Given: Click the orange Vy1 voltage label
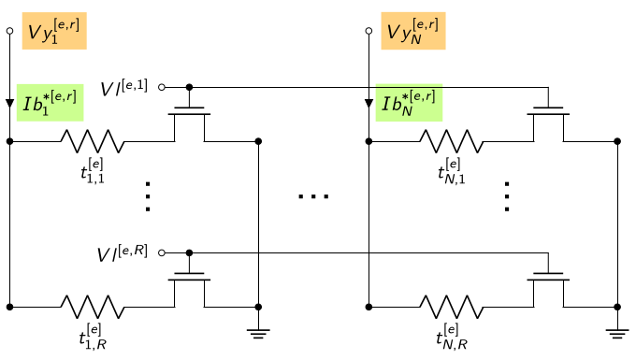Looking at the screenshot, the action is (x=54, y=31).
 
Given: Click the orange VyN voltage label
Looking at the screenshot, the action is (x=413, y=31).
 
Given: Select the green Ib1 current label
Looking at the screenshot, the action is (x=50, y=103).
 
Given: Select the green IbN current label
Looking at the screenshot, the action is (x=409, y=103).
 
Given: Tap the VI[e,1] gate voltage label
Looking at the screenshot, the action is (x=123, y=88).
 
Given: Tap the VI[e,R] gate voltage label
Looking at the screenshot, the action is (x=123, y=253).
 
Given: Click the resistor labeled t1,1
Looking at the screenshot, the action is (x=93, y=141).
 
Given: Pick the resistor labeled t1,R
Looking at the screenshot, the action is (x=93, y=307).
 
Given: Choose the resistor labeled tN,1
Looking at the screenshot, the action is (x=452, y=141).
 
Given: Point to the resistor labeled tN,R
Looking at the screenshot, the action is (x=452, y=307).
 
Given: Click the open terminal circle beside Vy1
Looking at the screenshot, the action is (x=9, y=31).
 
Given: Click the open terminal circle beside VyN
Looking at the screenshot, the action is (x=369, y=31).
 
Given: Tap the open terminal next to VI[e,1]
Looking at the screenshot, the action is (x=162, y=87).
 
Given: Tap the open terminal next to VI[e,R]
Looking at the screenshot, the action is (x=162, y=253).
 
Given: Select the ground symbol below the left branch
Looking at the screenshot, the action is (x=258, y=334).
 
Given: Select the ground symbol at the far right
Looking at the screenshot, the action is (x=617, y=334).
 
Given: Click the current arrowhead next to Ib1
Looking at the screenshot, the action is (x=9, y=104).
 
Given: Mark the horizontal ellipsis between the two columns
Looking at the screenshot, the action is (x=313, y=196).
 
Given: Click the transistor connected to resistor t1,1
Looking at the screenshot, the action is (x=190, y=122).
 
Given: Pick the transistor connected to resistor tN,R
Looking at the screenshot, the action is (x=548, y=287).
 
